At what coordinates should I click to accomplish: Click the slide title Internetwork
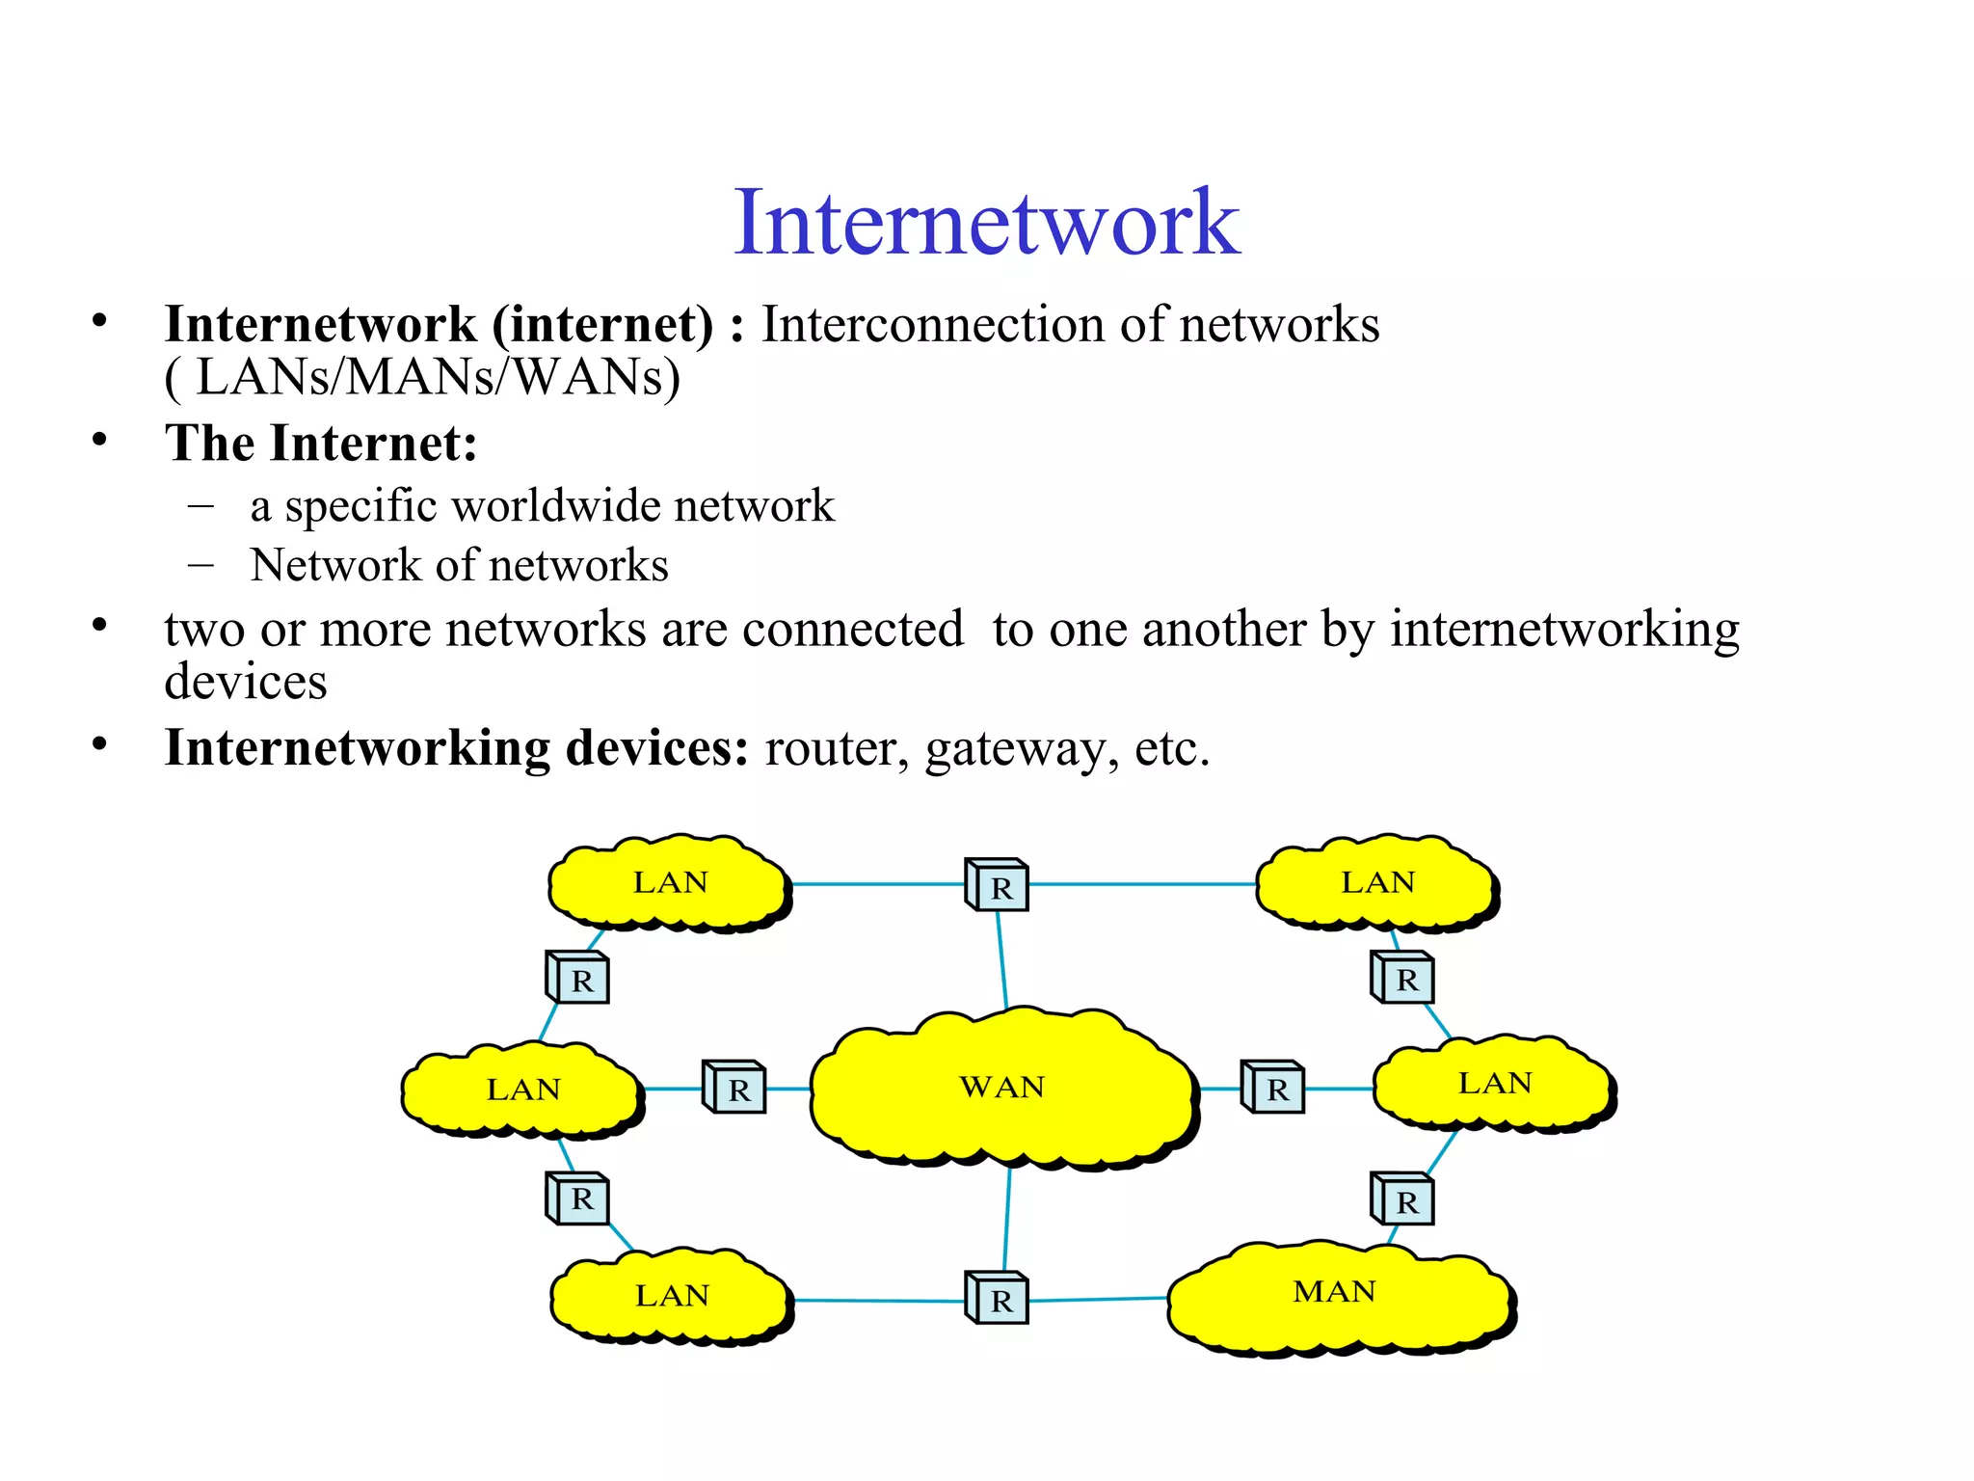(986, 223)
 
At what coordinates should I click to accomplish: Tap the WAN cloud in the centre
(1002, 1088)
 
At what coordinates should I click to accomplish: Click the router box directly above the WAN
(998, 884)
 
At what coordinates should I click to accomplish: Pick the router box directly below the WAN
(998, 1298)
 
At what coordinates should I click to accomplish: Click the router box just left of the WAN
(734, 1088)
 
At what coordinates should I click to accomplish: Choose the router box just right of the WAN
(1273, 1088)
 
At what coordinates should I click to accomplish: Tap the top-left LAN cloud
(669, 883)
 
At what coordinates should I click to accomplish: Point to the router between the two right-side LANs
(1402, 978)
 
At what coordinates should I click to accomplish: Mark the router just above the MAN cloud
(1402, 1199)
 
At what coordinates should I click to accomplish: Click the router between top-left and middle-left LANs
(578, 978)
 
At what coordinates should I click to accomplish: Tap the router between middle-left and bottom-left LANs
(578, 1198)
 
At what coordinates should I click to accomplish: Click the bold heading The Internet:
(321, 444)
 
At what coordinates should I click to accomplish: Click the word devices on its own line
(246, 683)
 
